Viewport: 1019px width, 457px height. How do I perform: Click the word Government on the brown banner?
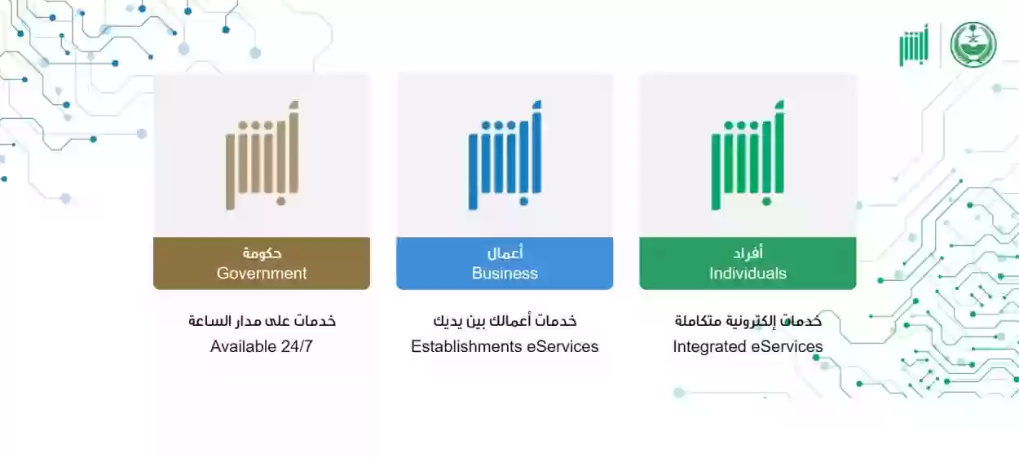click(x=262, y=274)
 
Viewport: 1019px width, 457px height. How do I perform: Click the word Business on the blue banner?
click(x=505, y=274)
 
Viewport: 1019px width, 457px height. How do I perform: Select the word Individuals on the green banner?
click(x=748, y=274)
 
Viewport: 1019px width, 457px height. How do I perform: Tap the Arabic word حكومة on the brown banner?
click(x=262, y=253)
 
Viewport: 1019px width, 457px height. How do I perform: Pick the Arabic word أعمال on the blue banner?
click(x=505, y=253)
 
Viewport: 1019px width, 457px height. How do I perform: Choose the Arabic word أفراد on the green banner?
click(x=748, y=253)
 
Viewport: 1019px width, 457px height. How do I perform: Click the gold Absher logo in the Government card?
click(x=262, y=156)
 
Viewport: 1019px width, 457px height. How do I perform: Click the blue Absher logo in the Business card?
click(x=505, y=156)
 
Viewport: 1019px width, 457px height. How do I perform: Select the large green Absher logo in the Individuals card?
click(x=748, y=156)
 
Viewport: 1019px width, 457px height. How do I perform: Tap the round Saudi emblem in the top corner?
click(x=973, y=44)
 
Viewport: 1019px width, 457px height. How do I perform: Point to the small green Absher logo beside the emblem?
click(x=914, y=46)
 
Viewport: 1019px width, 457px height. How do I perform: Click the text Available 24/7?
click(x=262, y=346)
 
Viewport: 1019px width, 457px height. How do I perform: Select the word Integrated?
click(x=708, y=346)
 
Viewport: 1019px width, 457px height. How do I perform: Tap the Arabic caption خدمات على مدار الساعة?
click(x=262, y=321)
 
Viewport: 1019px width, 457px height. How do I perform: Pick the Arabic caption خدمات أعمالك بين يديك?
click(x=505, y=321)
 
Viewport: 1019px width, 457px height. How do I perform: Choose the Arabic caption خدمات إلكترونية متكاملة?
click(x=748, y=321)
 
